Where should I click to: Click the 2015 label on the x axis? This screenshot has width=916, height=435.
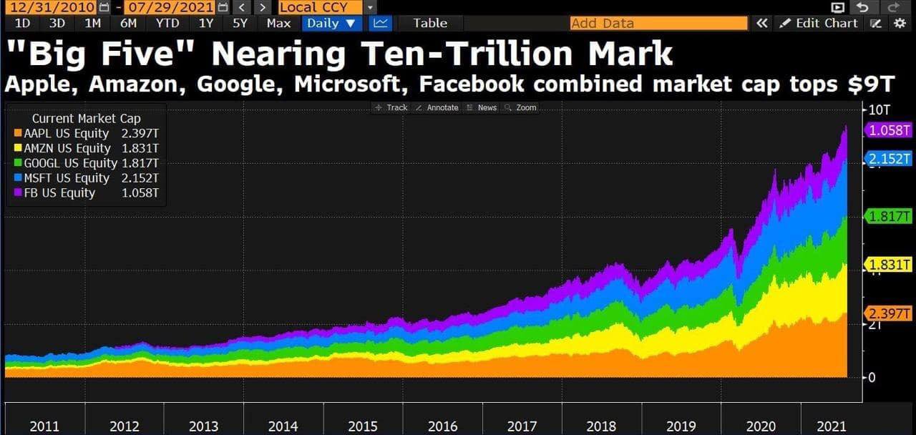coord(363,426)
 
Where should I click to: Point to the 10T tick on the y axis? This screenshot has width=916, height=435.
coord(878,109)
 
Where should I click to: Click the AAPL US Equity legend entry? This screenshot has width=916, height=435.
coord(67,134)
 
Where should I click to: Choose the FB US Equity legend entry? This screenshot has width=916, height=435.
coord(59,193)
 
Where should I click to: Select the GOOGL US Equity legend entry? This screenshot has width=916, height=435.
coord(70,163)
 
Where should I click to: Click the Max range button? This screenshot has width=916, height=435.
coord(278,23)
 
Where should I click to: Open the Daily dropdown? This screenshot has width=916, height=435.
coord(331,23)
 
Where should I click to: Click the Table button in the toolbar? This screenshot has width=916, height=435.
coord(430,23)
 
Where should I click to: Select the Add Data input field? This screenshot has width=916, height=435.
coord(648,23)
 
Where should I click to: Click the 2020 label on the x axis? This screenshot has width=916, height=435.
coord(761,426)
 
